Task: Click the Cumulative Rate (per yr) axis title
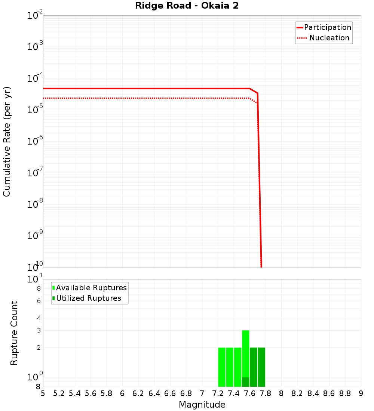pos(7,141)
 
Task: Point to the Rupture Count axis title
pos(14,333)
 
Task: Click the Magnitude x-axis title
pos(202,405)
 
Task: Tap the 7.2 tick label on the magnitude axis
pos(218,393)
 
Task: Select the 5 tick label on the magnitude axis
pos(43,393)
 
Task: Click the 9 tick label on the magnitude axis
pos(361,393)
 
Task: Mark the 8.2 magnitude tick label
pos(297,393)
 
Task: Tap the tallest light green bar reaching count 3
pos(245,353)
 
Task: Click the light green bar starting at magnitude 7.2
pos(222,367)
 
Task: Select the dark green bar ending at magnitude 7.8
pos(261,367)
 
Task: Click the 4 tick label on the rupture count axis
pos(38,318)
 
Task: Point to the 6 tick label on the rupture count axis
pos(38,301)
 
